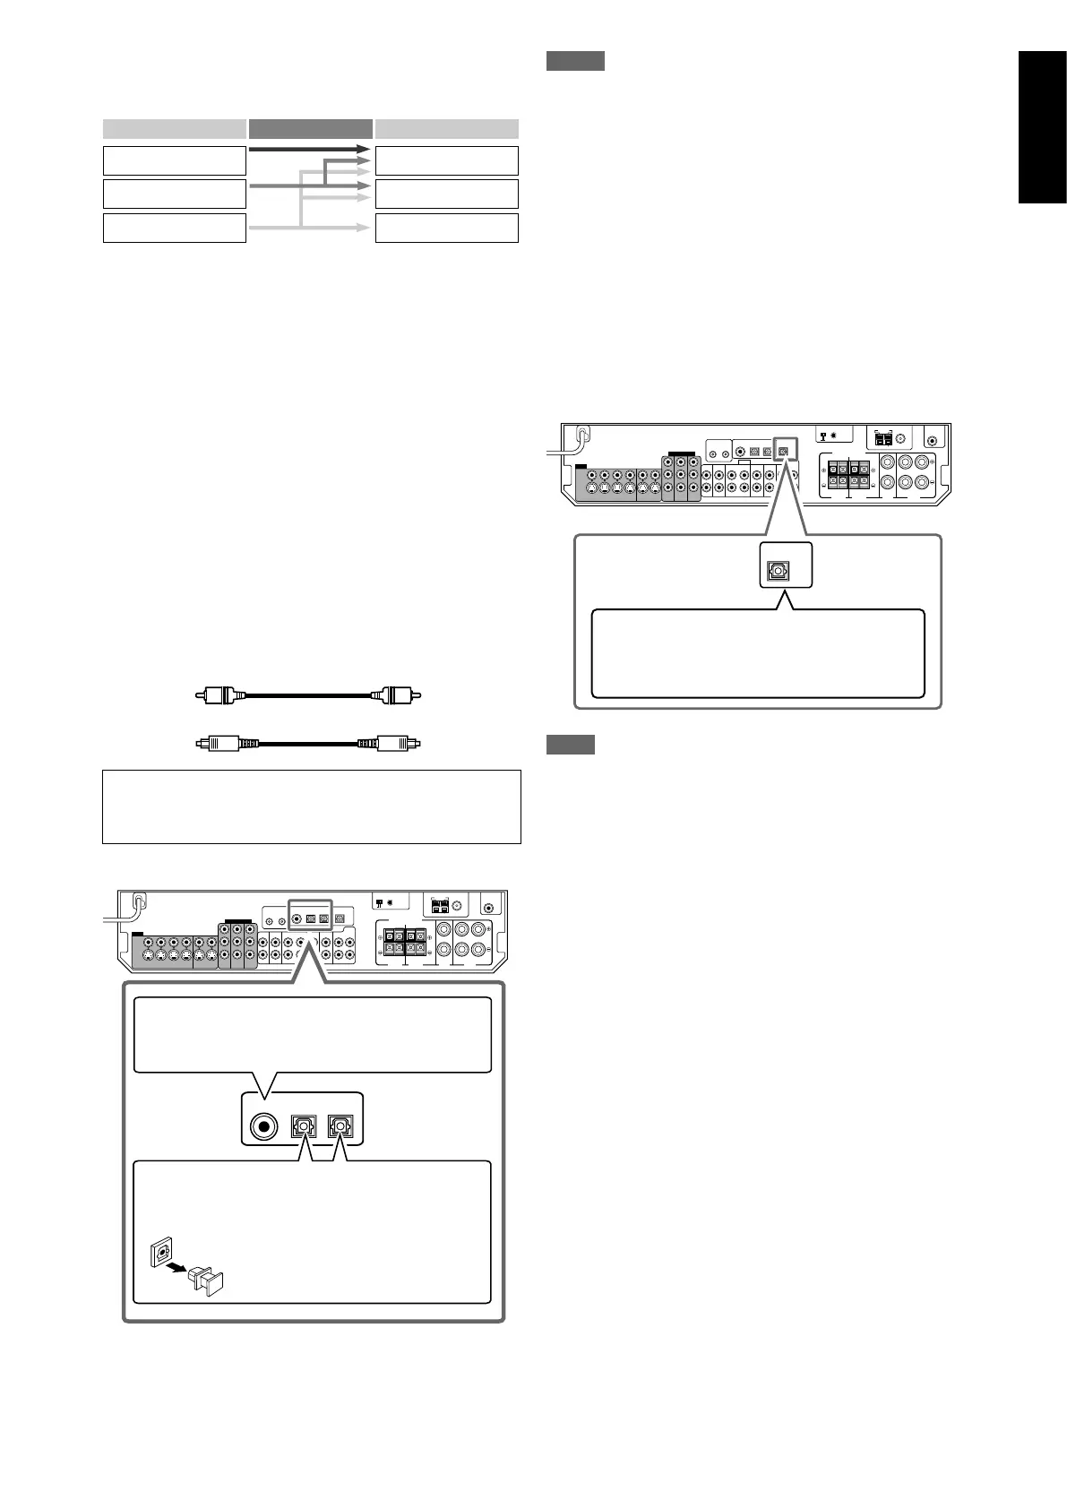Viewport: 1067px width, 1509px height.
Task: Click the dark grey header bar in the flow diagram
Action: pyautogui.click(x=310, y=127)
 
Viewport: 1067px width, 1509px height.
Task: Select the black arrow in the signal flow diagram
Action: pyautogui.click(x=309, y=149)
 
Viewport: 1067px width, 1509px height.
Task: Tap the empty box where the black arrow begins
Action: pyautogui.click(x=174, y=160)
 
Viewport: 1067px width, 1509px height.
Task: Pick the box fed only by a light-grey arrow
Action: pyautogui.click(x=446, y=228)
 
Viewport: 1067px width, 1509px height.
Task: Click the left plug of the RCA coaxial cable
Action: pyautogui.click(x=215, y=694)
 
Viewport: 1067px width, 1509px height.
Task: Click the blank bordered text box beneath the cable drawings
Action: pyautogui.click(x=311, y=806)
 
